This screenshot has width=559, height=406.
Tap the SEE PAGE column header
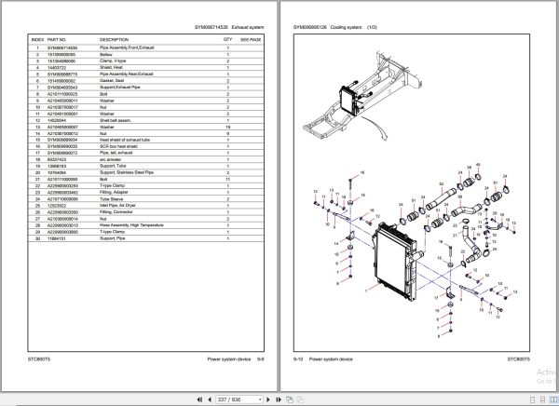click(x=252, y=41)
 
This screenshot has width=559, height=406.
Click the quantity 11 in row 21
click(x=227, y=178)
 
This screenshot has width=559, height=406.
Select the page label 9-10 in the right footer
click(x=299, y=358)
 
